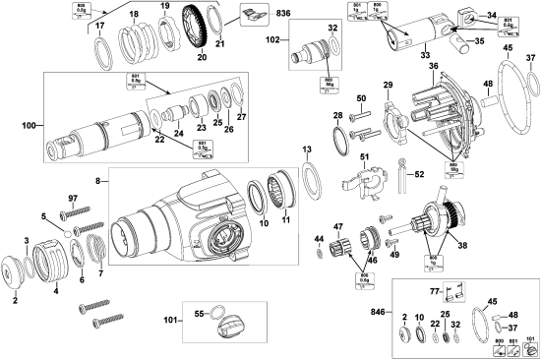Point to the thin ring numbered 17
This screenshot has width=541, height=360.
[x=101, y=46]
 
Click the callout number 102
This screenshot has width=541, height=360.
[x=273, y=41]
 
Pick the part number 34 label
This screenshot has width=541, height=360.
[x=491, y=15]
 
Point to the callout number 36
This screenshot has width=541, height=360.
[x=432, y=66]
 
